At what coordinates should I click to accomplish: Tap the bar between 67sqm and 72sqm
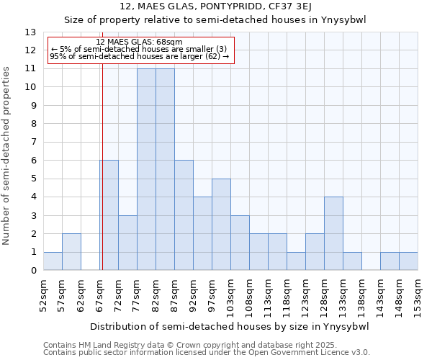109,215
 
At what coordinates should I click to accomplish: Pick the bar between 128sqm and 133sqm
333,233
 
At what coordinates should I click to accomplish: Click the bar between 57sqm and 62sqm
71,252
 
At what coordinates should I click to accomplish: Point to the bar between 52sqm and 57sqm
53,261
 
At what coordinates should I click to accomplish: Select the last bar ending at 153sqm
408,261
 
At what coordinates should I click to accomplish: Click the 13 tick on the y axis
30,32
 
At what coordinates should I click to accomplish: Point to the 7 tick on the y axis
32,142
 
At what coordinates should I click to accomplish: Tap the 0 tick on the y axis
32,271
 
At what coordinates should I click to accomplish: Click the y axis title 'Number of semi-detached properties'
7,156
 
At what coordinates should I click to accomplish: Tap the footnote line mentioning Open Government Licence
207,352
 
